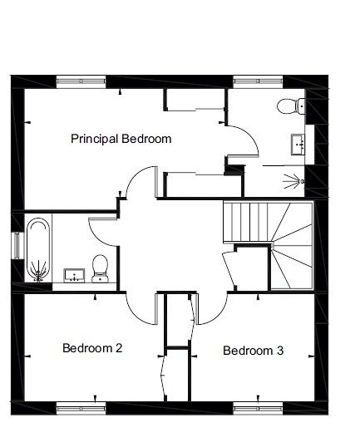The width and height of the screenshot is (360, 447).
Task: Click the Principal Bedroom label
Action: [x=121, y=139]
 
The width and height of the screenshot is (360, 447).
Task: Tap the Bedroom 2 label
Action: [x=92, y=348]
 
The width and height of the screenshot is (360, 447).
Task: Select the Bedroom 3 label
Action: [x=253, y=351]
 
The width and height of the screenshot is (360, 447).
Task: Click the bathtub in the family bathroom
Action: [x=38, y=250]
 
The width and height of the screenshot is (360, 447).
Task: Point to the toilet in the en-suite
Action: [x=290, y=106]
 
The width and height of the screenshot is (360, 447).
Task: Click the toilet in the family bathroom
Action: [x=100, y=268]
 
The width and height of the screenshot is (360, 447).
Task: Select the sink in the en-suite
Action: [x=298, y=145]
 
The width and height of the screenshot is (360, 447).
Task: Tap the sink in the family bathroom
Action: [x=74, y=275]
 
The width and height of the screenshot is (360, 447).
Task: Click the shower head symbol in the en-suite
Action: [x=293, y=181]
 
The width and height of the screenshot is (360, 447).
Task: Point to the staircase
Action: [x=269, y=245]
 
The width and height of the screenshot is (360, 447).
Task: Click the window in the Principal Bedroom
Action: [x=81, y=81]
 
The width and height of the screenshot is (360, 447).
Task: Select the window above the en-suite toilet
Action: [x=259, y=81]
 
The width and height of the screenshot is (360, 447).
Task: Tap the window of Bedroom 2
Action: [x=81, y=409]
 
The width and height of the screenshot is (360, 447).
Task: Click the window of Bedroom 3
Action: [x=259, y=409]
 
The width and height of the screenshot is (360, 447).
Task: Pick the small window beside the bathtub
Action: [x=17, y=246]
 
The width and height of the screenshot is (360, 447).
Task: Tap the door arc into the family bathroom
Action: [x=97, y=237]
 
